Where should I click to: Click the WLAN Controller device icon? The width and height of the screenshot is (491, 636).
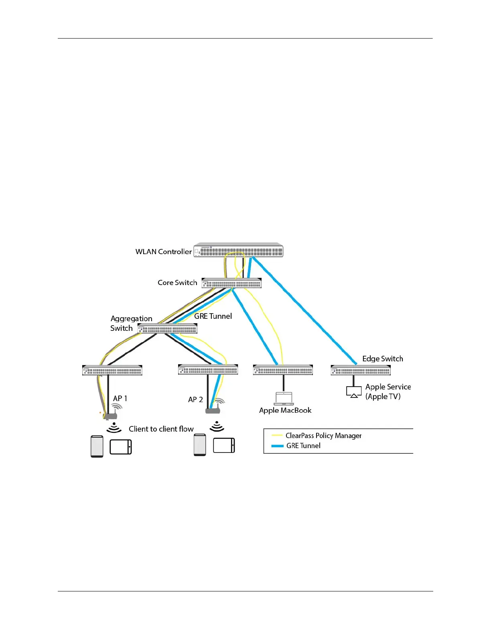(x=238, y=250)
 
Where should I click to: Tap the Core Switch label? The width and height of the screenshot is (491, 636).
(x=177, y=283)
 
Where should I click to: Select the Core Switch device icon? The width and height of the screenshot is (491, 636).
(x=231, y=283)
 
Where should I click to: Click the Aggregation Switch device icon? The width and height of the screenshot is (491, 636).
(x=167, y=329)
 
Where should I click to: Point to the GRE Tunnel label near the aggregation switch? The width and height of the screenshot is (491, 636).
(x=213, y=316)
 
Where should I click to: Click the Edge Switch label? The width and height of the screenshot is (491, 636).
(x=382, y=359)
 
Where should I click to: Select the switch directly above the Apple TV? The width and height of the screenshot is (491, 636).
(x=361, y=370)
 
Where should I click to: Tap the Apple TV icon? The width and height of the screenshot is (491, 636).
(x=354, y=392)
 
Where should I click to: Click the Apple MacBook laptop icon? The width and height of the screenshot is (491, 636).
(x=284, y=399)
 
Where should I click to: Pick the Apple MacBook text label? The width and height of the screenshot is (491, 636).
(x=285, y=410)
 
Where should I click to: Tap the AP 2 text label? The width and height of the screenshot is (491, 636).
(x=195, y=400)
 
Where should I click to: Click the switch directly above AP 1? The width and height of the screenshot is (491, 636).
(x=112, y=370)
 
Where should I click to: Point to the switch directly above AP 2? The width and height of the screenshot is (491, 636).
(x=208, y=369)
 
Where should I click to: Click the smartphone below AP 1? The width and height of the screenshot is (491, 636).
(x=97, y=446)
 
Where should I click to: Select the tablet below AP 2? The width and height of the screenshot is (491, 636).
(x=224, y=446)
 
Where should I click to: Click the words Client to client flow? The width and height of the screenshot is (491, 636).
(x=161, y=429)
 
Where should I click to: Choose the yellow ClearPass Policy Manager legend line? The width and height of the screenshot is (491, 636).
(x=277, y=436)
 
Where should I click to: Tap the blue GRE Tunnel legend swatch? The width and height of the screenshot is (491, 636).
(x=277, y=446)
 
